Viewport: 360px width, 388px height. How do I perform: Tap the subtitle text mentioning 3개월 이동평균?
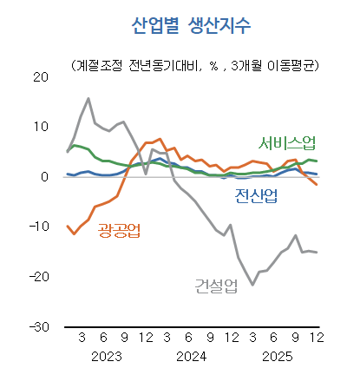coord(193,65)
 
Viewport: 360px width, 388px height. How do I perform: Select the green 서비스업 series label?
coord(287,142)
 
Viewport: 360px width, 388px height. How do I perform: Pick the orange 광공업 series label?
coord(120,230)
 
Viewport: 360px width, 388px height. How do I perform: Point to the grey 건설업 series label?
coord(216,285)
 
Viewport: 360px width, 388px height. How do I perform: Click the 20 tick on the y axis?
coord(40,76)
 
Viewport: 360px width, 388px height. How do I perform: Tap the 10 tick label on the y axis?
coord(40,127)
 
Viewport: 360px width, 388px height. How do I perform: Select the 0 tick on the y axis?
coord(44,176)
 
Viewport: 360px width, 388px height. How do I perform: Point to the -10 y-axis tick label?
coord(37,227)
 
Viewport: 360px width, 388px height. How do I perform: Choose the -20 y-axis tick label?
coord(37,277)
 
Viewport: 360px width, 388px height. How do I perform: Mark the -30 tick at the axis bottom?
coord(37,326)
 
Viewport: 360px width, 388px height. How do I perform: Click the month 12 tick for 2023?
coord(146,339)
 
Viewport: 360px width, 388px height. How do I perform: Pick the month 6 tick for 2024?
coord(188,339)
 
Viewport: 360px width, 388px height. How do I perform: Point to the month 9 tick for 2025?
coord(295,339)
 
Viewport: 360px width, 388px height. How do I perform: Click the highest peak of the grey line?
coord(88,98)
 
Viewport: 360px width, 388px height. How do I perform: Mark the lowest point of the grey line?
coord(252,285)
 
